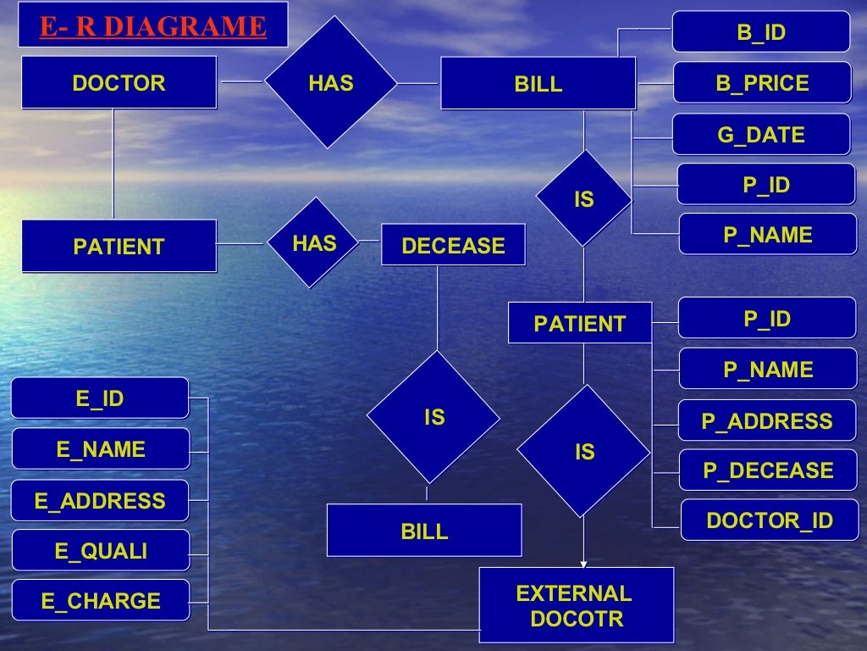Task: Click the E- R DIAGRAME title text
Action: [x=152, y=27]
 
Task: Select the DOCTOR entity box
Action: [x=119, y=83]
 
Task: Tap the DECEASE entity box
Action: [x=453, y=246]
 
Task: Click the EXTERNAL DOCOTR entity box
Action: [x=576, y=605]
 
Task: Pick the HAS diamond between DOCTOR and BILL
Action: [x=330, y=83]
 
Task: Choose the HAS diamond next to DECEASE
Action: [x=315, y=243]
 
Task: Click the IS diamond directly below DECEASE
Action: [x=434, y=417]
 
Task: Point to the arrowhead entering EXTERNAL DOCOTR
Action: [x=583, y=563]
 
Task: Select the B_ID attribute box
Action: [x=760, y=32]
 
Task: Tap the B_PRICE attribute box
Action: [x=761, y=83]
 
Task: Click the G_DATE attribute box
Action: [x=760, y=135]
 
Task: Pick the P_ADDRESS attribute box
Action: [x=766, y=420]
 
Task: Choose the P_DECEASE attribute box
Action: [x=767, y=470]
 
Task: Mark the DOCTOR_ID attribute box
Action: [x=769, y=520]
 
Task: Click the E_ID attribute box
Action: [x=100, y=398]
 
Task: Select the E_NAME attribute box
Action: [x=100, y=448]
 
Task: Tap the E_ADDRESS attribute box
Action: [x=100, y=500]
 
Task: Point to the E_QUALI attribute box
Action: [x=100, y=551]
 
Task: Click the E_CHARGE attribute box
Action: [x=100, y=601]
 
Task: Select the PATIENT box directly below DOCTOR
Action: [x=119, y=247]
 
